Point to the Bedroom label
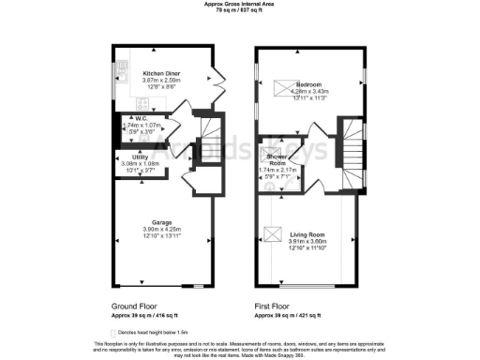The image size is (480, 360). [309, 85]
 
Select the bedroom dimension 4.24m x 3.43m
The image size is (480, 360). [309, 91]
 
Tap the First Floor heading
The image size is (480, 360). [271, 306]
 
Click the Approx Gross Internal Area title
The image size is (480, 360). [240, 4]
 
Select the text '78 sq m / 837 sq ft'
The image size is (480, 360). [240, 10]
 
